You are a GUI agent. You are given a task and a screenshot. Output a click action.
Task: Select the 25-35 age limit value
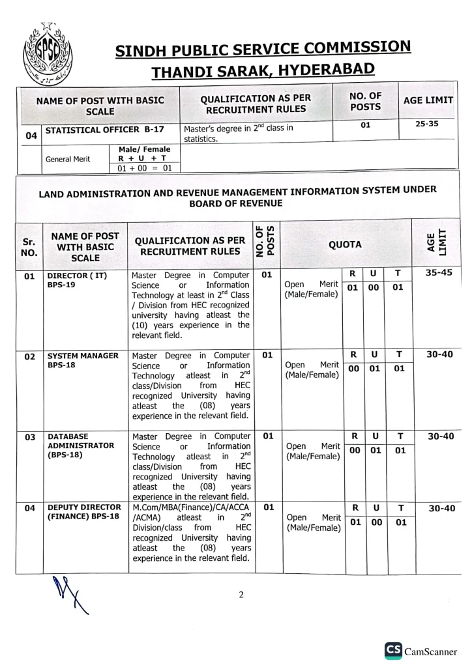point(428,124)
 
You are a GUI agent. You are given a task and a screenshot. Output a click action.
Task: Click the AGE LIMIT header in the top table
point(428,101)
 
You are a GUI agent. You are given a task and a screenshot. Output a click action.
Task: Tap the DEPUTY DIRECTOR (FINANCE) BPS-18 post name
point(83,512)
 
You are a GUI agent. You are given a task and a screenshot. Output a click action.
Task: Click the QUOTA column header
point(345,244)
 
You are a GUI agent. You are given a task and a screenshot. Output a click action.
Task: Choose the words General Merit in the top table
point(68,159)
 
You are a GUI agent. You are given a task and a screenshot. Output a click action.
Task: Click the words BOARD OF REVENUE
point(235,203)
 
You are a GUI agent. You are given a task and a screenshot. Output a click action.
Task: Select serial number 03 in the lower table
point(29,437)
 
